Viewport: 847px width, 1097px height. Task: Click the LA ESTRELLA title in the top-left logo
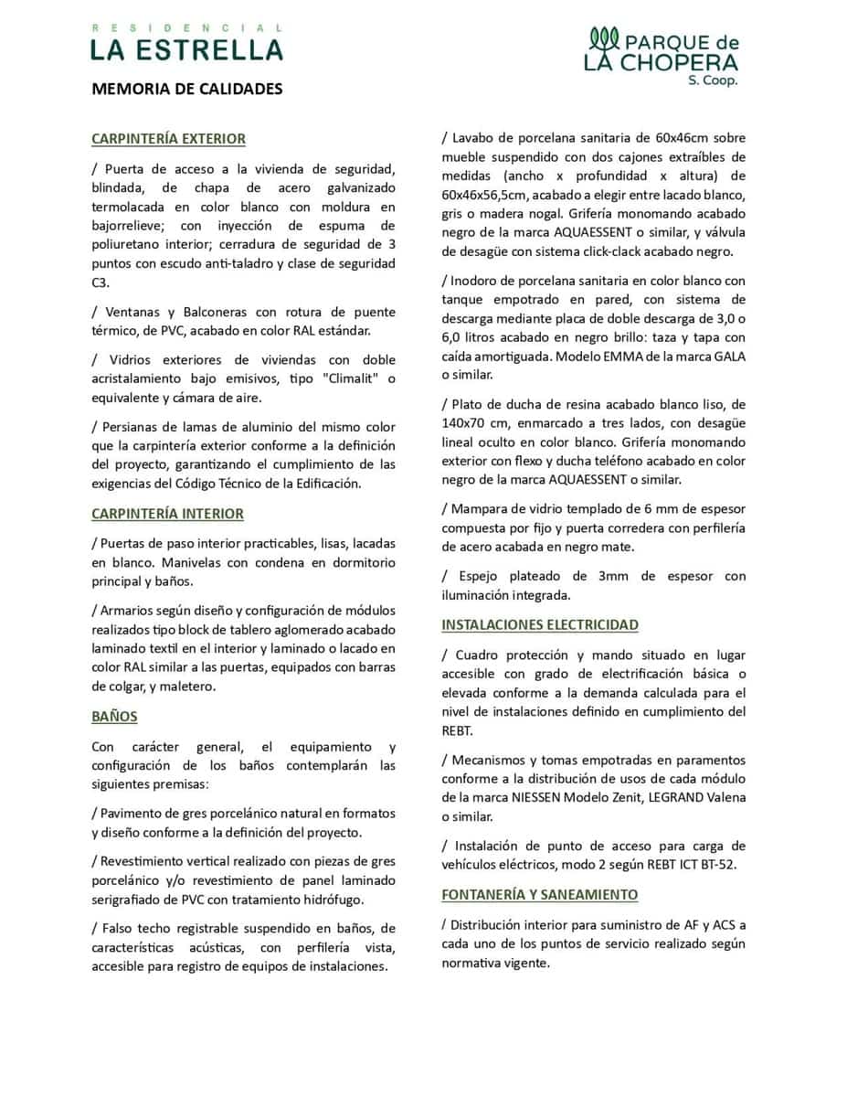click(x=186, y=49)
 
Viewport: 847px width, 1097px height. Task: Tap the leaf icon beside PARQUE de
click(x=605, y=38)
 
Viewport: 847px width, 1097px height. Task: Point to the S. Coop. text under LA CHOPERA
click(x=713, y=80)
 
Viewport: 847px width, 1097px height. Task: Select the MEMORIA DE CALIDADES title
click(x=186, y=90)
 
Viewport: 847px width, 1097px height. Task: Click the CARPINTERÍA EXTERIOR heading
click(x=168, y=139)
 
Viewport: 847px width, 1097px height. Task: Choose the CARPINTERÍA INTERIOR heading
click(x=167, y=514)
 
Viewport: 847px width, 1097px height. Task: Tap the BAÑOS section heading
click(x=114, y=717)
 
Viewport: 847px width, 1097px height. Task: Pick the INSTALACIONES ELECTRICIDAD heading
click(x=540, y=625)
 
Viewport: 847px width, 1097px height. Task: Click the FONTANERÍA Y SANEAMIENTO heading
click(x=540, y=894)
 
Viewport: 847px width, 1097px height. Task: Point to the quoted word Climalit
click(x=354, y=378)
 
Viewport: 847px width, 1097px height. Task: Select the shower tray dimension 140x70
click(x=471, y=422)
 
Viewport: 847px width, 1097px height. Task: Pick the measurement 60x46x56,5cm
click(x=483, y=196)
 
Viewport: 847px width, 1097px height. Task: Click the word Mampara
click(x=482, y=508)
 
